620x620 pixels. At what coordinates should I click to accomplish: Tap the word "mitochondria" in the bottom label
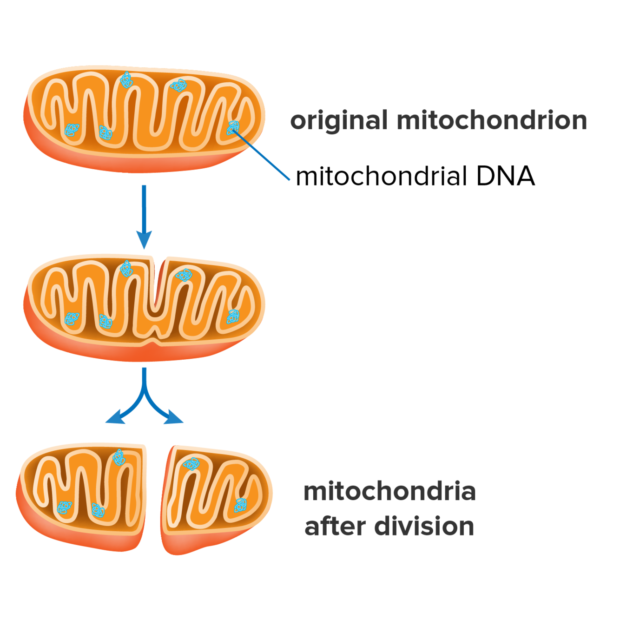tap(389, 492)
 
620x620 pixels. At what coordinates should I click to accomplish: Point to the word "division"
tap(424, 526)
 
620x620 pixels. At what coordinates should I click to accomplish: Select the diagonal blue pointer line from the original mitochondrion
tap(263, 156)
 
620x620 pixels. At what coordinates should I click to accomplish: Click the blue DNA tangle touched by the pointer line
tap(233, 127)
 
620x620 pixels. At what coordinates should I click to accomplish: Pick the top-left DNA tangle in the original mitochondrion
tap(126, 80)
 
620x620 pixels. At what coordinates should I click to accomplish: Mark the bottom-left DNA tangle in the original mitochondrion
tap(72, 130)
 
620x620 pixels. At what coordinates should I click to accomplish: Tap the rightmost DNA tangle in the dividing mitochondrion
tap(233, 317)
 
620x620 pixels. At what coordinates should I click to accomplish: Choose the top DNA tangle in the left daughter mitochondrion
tap(119, 457)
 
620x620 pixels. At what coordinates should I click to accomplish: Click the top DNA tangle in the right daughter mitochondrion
tap(191, 463)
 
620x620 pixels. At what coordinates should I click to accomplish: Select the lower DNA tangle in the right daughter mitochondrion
tap(240, 505)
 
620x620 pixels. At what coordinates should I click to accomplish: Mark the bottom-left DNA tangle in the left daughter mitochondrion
tap(64, 508)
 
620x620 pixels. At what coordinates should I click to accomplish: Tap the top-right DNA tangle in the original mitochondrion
tap(178, 85)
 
